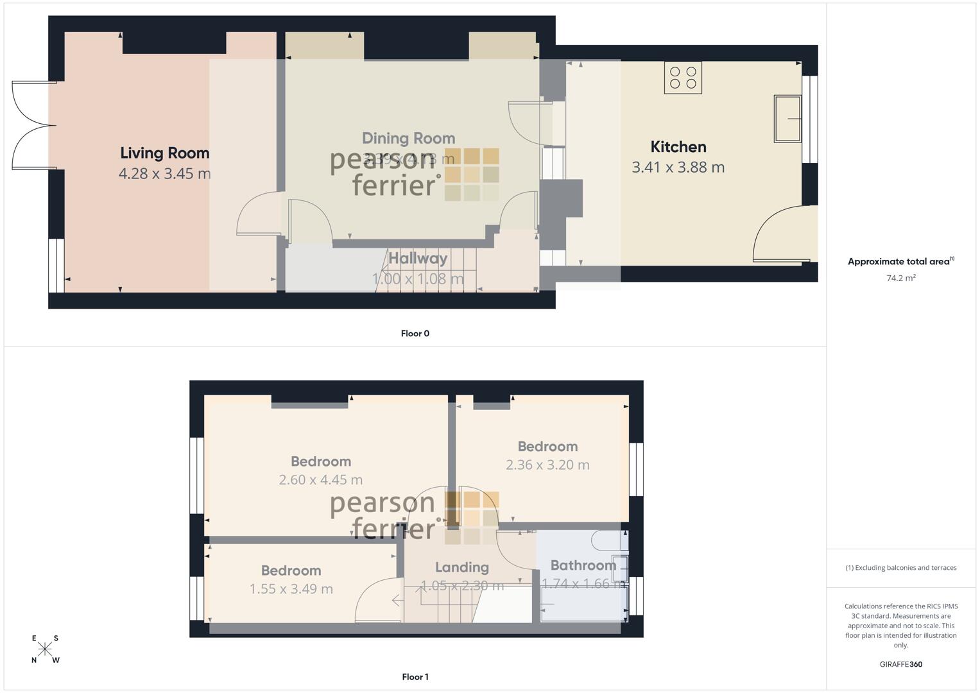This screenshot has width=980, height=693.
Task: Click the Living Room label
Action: tap(165, 153)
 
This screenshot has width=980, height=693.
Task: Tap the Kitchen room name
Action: tap(678, 147)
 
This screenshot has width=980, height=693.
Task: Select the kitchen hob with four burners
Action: tap(683, 78)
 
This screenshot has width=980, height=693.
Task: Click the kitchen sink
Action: tap(787, 119)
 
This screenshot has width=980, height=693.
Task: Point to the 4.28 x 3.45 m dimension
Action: tap(165, 173)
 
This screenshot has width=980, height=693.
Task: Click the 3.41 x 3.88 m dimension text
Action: tap(678, 167)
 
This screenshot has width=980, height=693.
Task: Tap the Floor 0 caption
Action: tap(415, 334)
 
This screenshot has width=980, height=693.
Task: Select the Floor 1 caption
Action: tap(415, 677)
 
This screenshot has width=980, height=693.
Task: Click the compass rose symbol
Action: tap(45, 649)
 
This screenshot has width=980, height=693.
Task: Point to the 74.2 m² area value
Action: tap(901, 278)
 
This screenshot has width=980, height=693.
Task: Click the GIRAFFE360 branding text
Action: tap(901, 664)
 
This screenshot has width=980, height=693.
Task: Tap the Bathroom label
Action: tap(583, 565)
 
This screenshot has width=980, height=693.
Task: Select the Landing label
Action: tap(462, 567)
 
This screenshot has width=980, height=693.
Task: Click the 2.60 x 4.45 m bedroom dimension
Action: tap(321, 480)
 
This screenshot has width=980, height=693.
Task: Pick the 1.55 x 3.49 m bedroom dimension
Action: tap(291, 589)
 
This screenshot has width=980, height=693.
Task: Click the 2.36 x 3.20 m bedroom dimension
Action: tap(547, 465)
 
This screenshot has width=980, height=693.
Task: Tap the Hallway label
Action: tap(418, 259)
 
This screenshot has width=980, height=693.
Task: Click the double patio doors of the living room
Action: tap(32, 126)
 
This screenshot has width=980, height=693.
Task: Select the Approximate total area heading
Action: tap(900, 262)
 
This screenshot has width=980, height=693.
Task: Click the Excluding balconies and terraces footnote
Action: tap(901, 568)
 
